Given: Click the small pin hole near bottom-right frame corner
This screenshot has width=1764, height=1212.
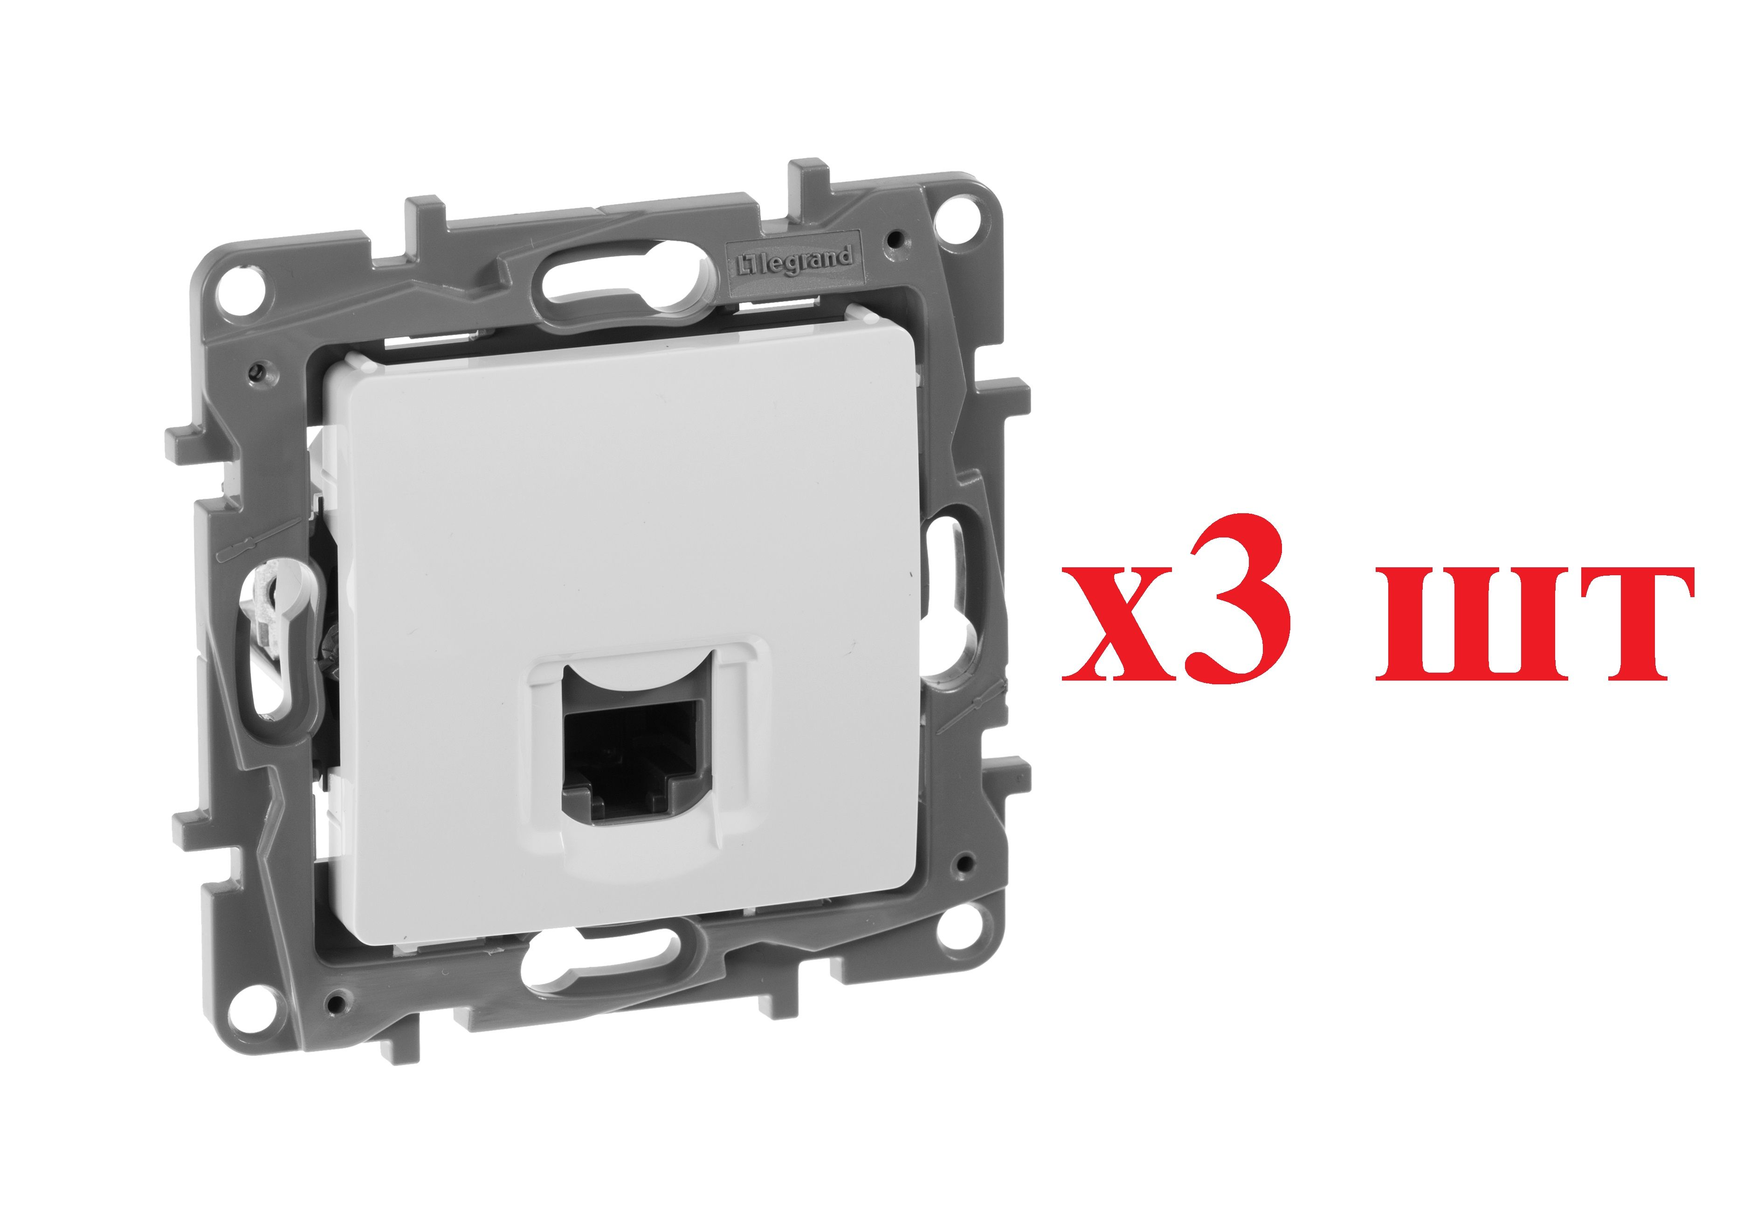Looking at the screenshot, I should [964, 863].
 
